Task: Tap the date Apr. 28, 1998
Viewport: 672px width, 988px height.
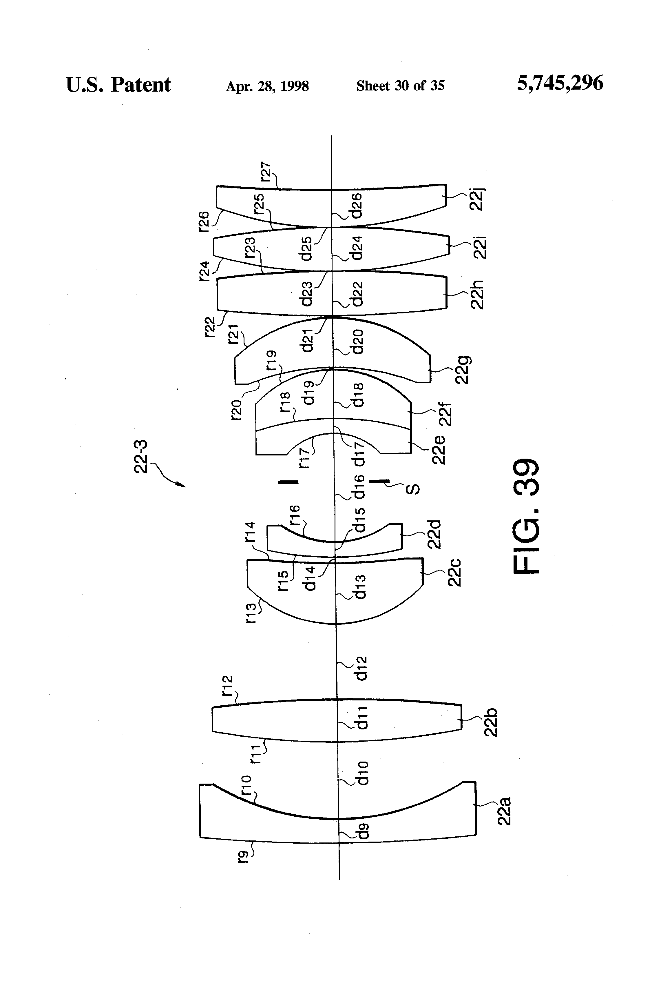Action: [x=267, y=86]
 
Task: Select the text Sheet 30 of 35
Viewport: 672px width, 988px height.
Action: [x=400, y=86]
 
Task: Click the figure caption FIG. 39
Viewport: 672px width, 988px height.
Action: [x=527, y=517]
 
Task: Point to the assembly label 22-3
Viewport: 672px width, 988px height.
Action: [x=140, y=457]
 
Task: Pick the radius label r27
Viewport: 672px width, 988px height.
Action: [x=266, y=171]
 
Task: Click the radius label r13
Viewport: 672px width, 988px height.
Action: [x=251, y=613]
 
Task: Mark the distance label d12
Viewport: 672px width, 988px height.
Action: [x=361, y=668]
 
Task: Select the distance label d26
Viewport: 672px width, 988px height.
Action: [x=357, y=205]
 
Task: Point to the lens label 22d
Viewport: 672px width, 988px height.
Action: [x=434, y=534]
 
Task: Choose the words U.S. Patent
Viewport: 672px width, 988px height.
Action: [x=118, y=85]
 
